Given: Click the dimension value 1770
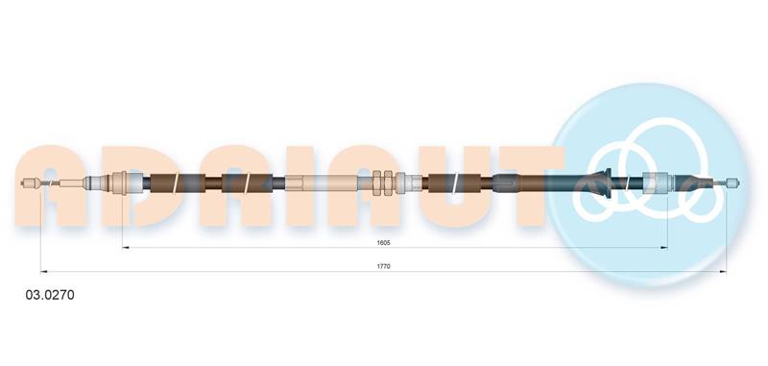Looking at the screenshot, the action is click(383, 266).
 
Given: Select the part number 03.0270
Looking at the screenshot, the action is click(50, 295).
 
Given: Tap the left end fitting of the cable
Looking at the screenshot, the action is click(30, 183).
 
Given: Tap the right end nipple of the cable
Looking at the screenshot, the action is click(732, 183).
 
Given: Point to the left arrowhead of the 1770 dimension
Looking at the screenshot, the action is click(43, 272).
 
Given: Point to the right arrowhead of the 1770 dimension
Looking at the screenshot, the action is click(723, 272).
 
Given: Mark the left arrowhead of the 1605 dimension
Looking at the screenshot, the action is click(126, 248).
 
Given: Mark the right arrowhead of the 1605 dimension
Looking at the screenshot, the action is click(664, 248).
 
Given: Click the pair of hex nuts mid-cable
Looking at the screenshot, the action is click(382, 183).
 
